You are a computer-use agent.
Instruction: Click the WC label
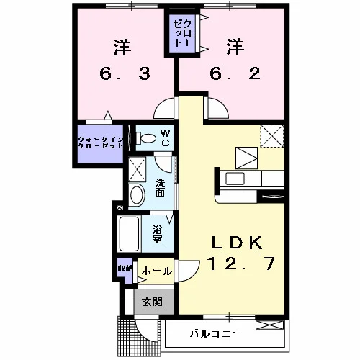[x=166, y=138]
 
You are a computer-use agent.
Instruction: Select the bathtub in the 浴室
[x=129, y=234]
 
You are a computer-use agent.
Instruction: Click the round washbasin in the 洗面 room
[x=138, y=194]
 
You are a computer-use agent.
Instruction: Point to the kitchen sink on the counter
[x=235, y=179]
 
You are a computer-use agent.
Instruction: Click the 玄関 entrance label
[x=153, y=302]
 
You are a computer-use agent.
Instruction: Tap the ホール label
[x=157, y=271]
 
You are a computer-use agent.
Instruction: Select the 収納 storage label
[x=125, y=269]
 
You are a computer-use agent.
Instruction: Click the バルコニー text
[x=215, y=333]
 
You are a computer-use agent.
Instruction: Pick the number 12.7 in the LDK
[x=241, y=264]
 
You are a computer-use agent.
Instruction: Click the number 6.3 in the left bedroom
[x=125, y=73]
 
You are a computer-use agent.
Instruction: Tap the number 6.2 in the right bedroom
[x=235, y=73]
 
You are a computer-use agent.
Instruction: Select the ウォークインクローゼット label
[x=101, y=143]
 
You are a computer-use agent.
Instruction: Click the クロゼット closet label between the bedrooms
[x=182, y=33]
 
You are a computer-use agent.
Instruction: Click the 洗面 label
[x=160, y=188]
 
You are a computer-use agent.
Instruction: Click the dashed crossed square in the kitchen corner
[x=272, y=135]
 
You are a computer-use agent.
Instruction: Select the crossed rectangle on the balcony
[x=269, y=325]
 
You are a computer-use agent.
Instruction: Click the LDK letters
[x=237, y=243]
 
